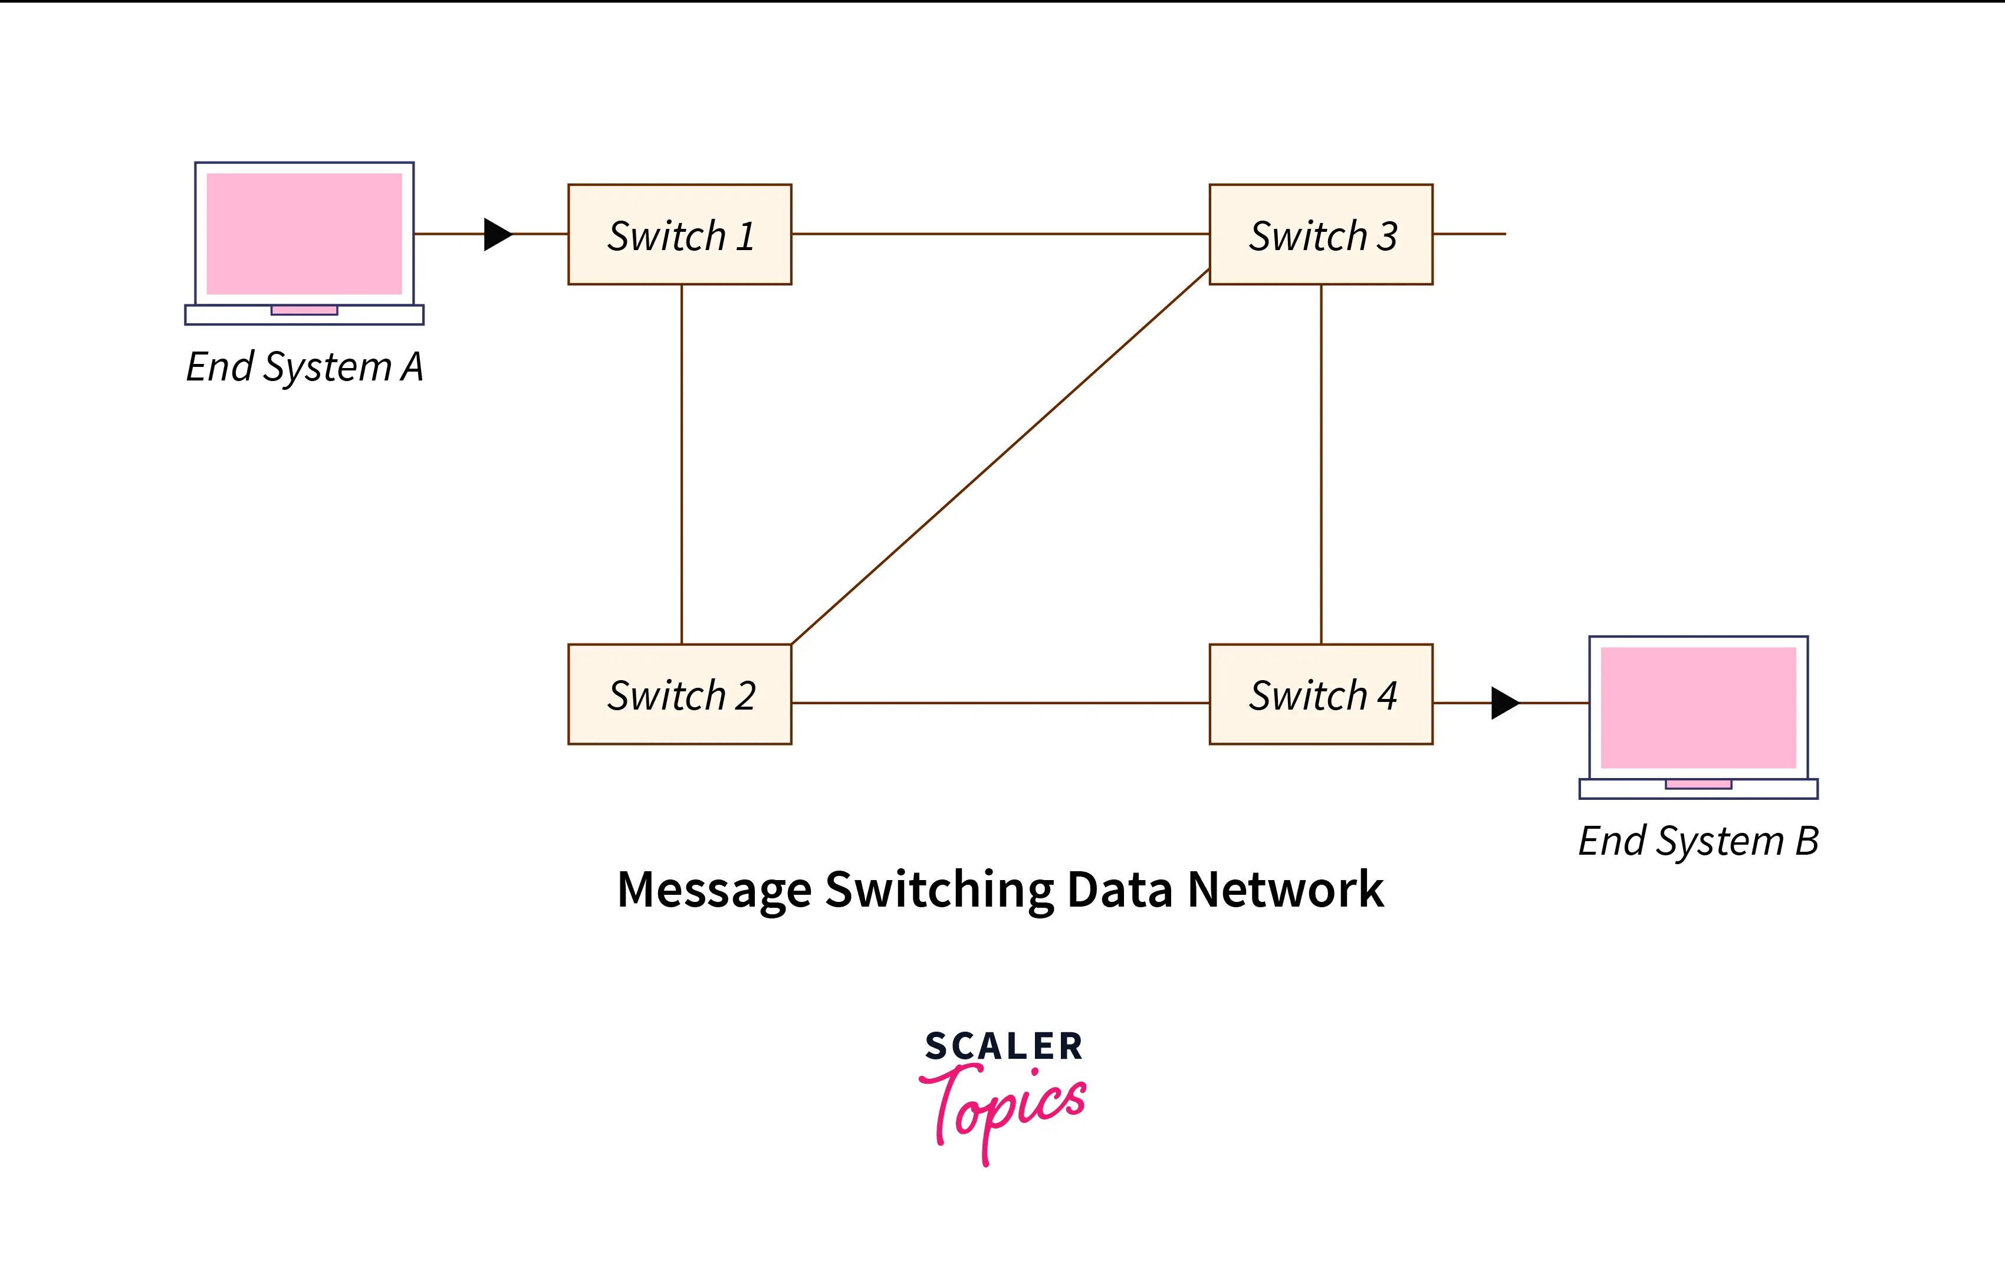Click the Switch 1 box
[x=679, y=235]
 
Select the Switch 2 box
[x=679, y=694]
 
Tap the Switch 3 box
[x=1320, y=235]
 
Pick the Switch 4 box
[x=1320, y=694]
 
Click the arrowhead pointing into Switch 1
[x=497, y=234]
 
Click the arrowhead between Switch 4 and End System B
[x=1504, y=703]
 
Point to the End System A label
[x=305, y=366]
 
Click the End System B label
[x=1698, y=841]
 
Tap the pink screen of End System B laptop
[x=1698, y=707]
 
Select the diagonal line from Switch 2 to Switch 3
[x=999, y=457]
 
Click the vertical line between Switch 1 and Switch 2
[x=682, y=464]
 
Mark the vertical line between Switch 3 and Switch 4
[x=1322, y=464]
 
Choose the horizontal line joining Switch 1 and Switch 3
[x=999, y=234]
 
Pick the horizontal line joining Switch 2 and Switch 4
[x=999, y=703]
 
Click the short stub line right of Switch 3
[x=1470, y=234]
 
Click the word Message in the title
[x=714, y=890]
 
